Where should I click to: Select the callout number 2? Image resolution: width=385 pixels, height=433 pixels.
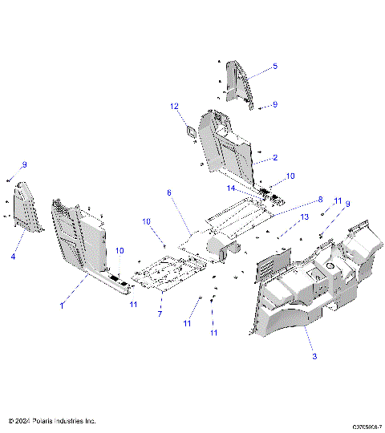tap(274, 158)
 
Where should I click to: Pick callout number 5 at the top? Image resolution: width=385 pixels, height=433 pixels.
tap(274, 66)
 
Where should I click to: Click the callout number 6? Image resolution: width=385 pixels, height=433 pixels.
tap(169, 192)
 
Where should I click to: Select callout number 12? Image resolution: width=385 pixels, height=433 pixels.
tap(173, 106)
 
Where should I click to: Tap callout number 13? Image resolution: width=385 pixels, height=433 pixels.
tap(304, 217)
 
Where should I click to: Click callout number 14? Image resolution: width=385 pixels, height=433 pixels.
tap(230, 188)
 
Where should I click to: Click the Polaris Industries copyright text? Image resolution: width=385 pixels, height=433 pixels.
tap(51, 420)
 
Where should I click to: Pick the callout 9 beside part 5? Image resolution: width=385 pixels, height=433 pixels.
tap(274, 104)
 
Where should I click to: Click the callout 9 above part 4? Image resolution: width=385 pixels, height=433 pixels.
tap(24, 164)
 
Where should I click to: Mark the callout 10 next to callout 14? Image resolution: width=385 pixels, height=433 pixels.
tap(290, 175)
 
